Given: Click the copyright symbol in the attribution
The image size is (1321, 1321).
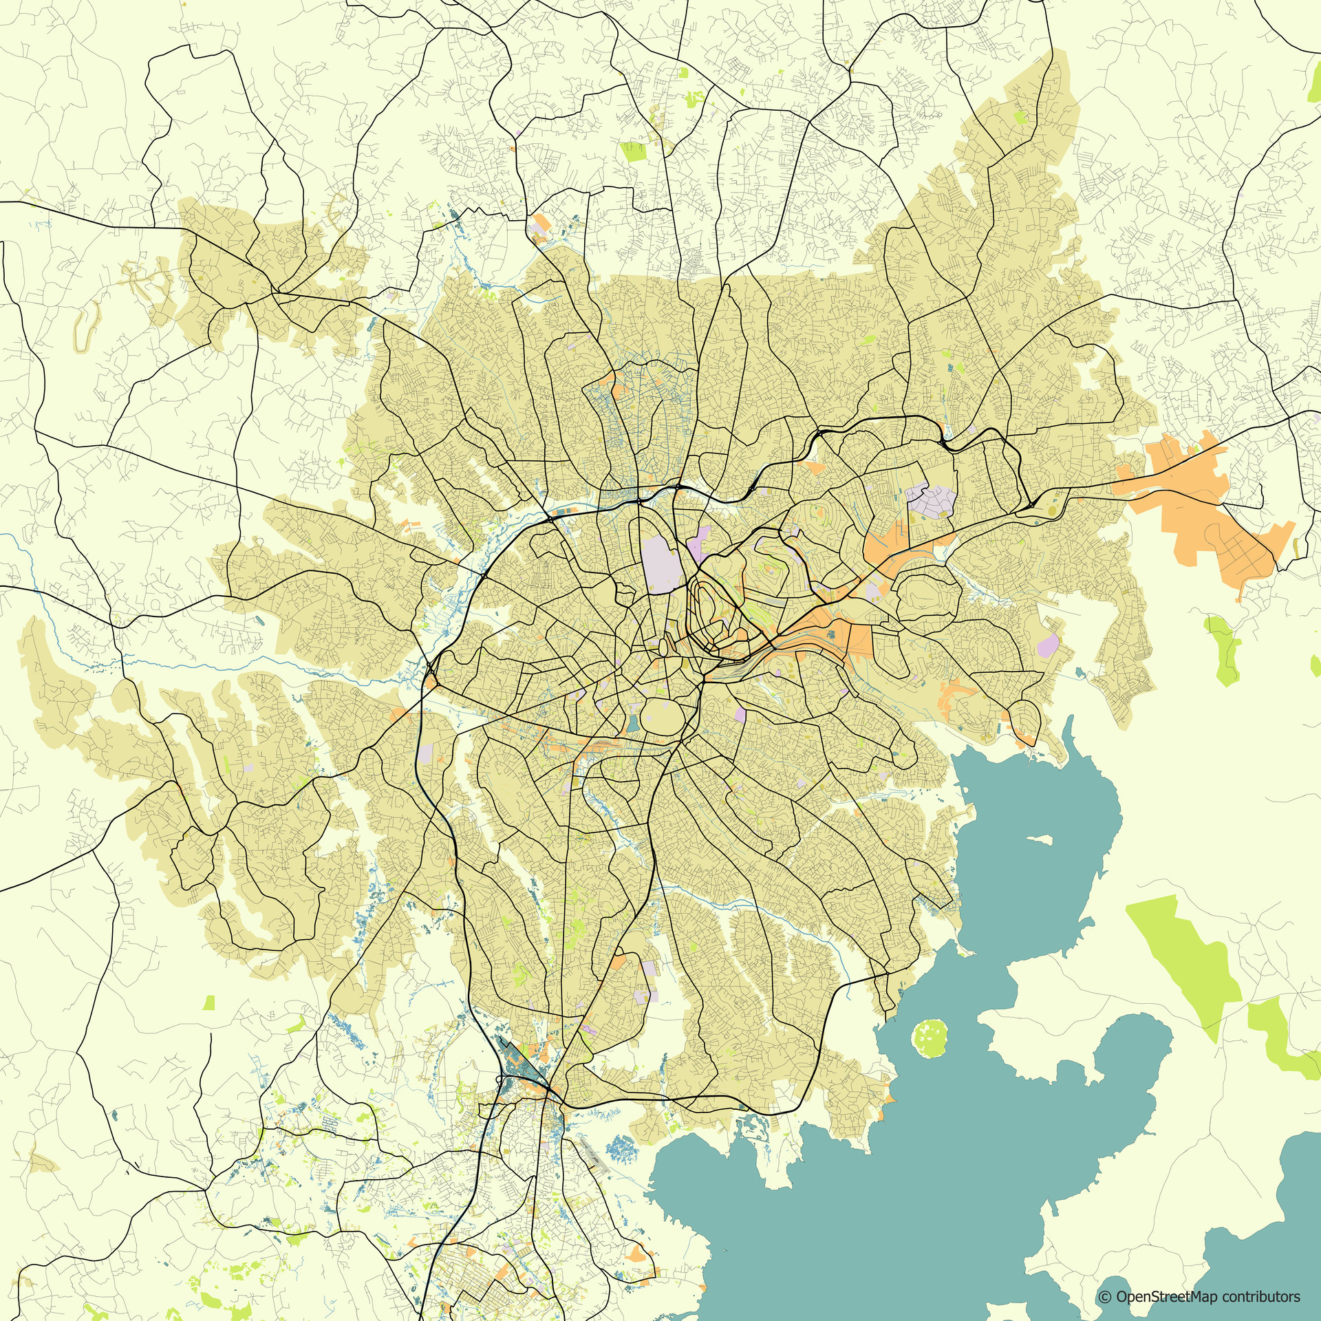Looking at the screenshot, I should (1106, 1297).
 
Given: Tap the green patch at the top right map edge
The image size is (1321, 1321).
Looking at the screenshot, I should (1315, 90).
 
